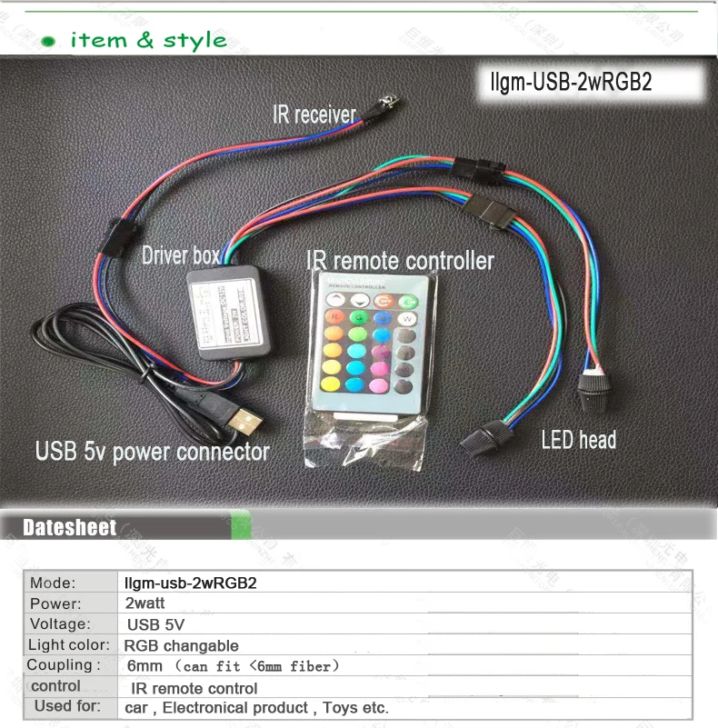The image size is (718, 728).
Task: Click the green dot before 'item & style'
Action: [51, 42]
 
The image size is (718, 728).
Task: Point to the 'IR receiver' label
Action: [314, 115]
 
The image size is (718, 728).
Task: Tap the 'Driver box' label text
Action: [180, 256]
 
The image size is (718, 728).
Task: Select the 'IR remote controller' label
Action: [400, 261]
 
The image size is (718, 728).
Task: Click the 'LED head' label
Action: [578, 441]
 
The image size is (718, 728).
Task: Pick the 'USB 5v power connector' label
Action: [152, 451]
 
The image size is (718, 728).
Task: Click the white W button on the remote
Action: [406, 318]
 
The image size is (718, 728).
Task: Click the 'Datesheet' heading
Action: [69, 528]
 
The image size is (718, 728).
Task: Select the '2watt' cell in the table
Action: [145, 603]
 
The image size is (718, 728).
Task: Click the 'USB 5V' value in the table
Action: [155, 624]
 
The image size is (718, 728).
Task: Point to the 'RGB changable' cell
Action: [181, 645]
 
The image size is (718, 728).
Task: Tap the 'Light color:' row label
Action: [68, 645]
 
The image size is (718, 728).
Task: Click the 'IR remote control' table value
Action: [194, 688]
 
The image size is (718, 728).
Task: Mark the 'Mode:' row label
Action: [53, 583]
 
